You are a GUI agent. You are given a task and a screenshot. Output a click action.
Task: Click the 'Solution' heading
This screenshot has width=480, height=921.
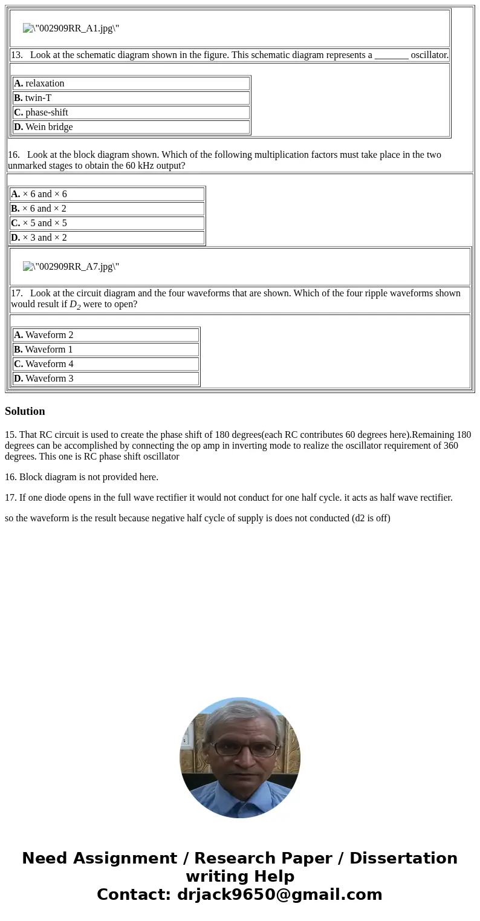pyautogui.click(x=25, y=411)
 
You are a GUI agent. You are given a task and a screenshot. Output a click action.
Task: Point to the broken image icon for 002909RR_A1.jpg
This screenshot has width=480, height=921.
pyautogui.click(x=28, y=28)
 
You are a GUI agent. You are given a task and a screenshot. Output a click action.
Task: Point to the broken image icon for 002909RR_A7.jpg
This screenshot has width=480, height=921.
pyautogui.click(x=28, y=267)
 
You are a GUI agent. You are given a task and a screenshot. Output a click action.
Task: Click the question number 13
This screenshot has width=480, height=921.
pyautogui.click(x=16, y=55)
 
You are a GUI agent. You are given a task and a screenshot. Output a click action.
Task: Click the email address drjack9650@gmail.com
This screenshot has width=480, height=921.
pyautogui.click(x=279, y=894)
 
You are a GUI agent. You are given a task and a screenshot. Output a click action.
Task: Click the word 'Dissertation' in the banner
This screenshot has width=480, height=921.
pyautogui.click(x=403, y=858)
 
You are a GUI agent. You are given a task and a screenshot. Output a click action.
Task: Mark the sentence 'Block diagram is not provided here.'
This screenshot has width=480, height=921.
pyautogui.click(x=88, y=477)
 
